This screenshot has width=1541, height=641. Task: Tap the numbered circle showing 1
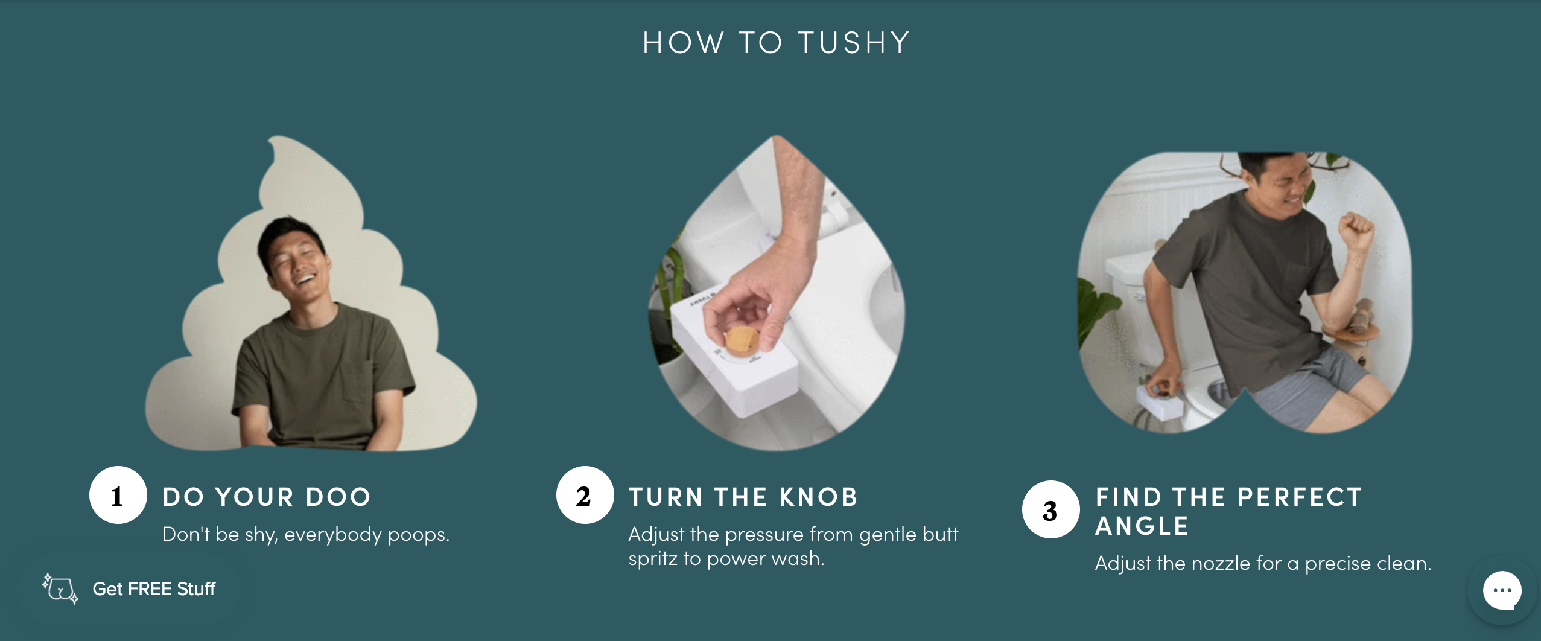[x=118, y=495]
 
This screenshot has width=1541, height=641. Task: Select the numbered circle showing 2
[x=585, y=495]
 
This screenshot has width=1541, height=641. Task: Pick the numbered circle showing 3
[x=1050, y=509]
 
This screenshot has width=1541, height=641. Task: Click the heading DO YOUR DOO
[x=267, y=497]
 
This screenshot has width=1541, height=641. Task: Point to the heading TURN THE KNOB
[x=743, y=497]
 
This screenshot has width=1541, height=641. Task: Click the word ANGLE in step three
[x=1142, y=526]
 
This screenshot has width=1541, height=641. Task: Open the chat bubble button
[x=1502, y=590]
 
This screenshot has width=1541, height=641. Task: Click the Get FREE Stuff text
[x=154, y=588]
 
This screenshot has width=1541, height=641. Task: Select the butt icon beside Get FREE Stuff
[x=60, y=588]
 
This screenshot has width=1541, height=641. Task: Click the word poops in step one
[x=418, y=535]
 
